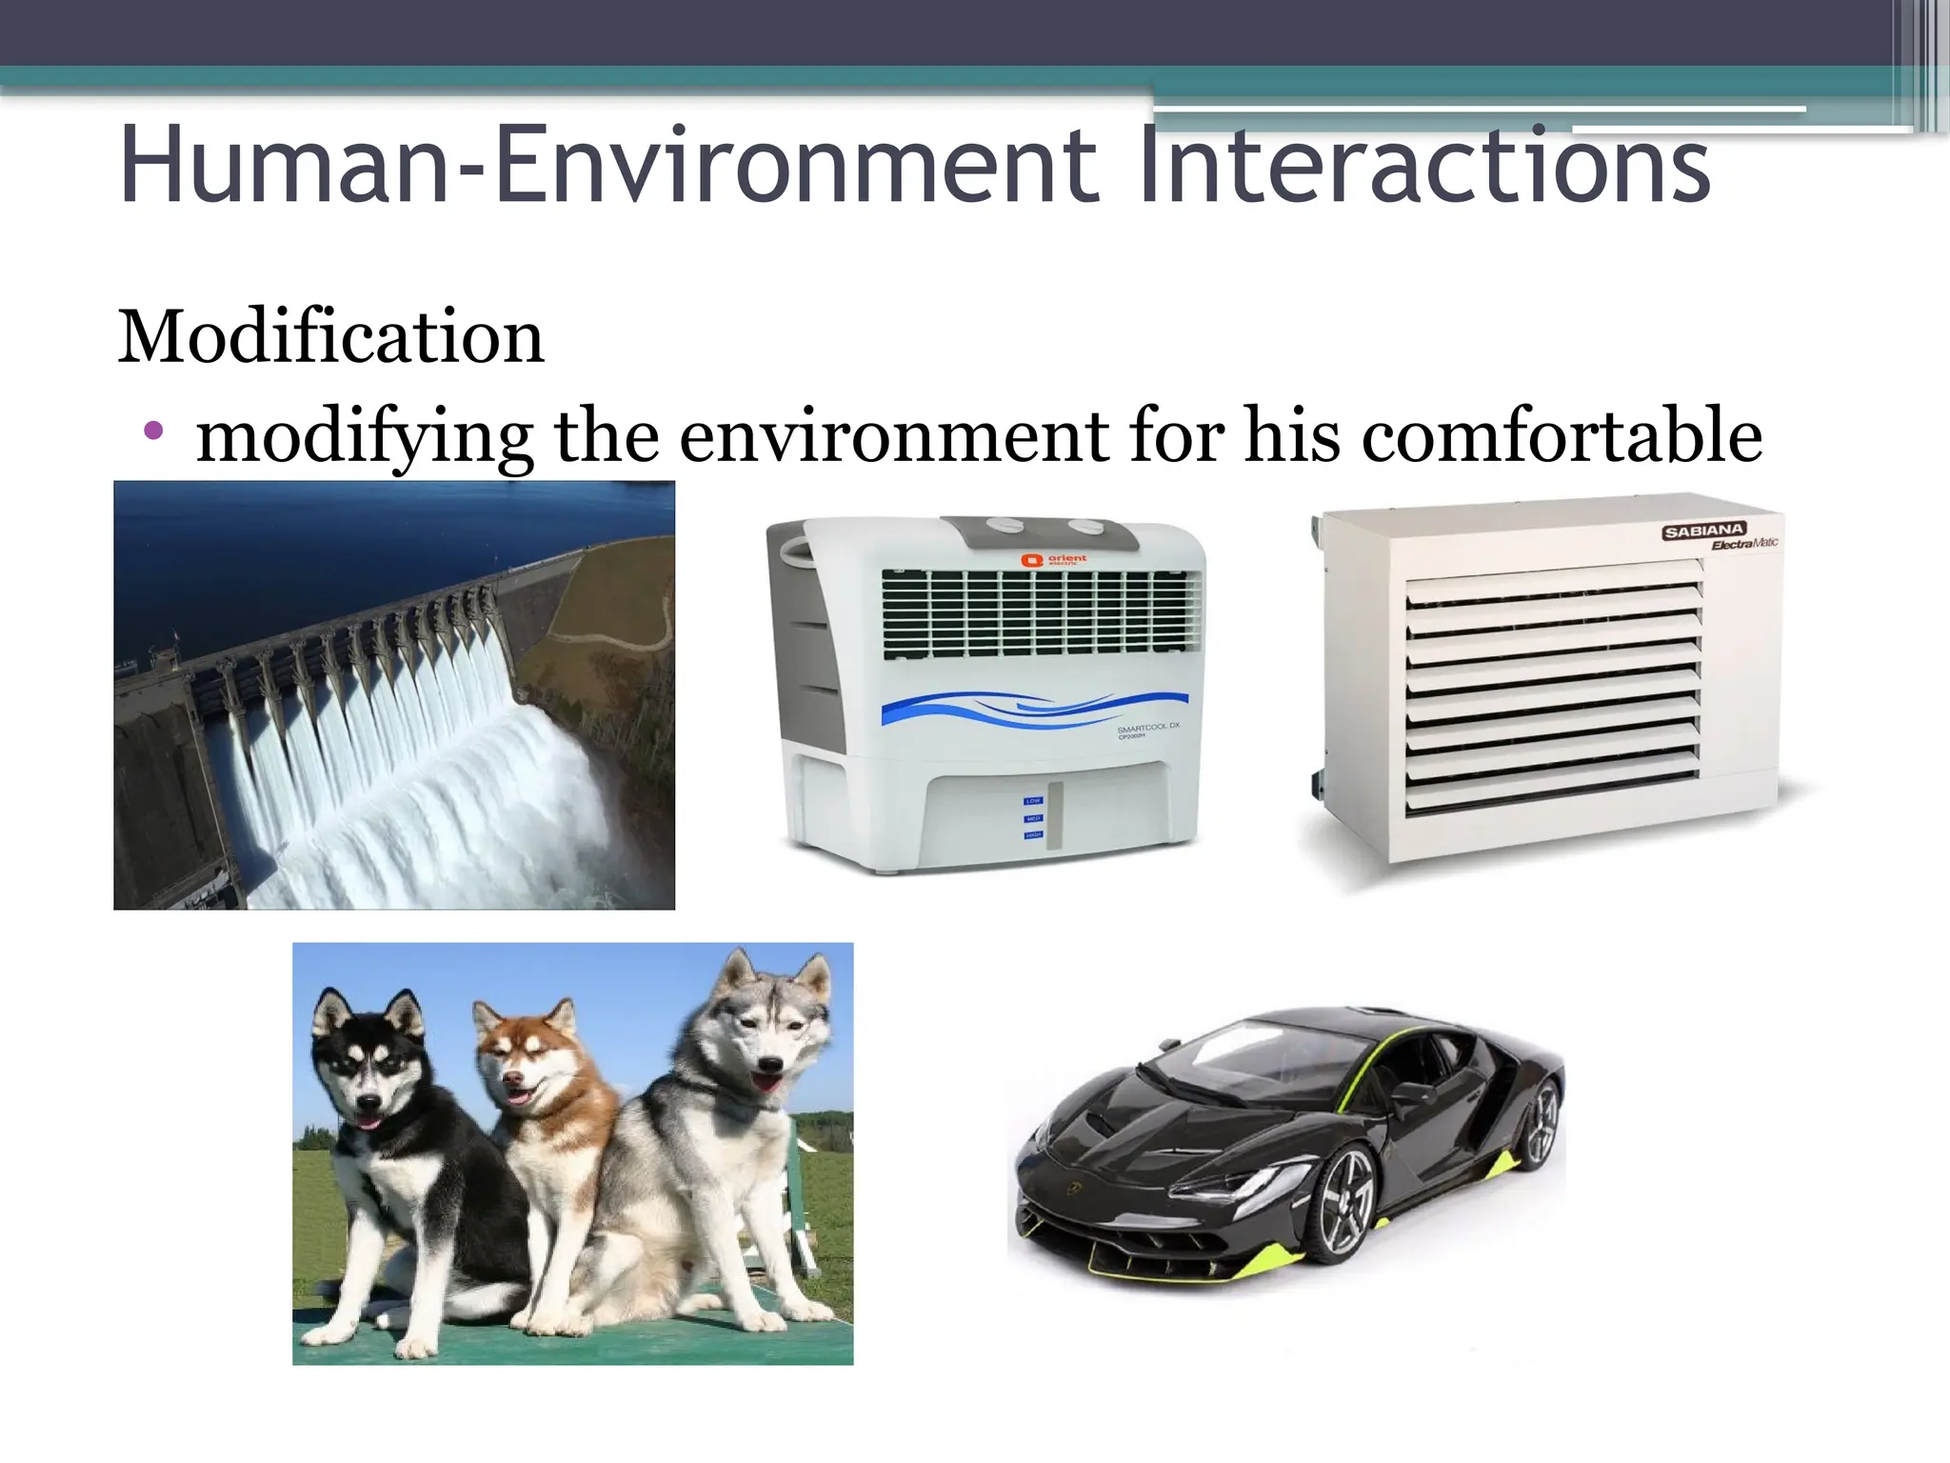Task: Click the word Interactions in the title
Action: pyautogui.click(x=1423, y=167)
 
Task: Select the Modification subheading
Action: pyautogui.click(x=330, y=337)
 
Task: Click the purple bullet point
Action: pyautogui.click(x=153, y=431)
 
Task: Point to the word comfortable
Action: pyautogui.click(x=1562, y=435)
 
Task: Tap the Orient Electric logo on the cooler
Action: pyautogui.click(x=1053, y=560)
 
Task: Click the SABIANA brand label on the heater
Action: pyautogui.click(x=1704, y=531)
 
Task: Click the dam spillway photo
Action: pyautogui.click(x=394, y=695)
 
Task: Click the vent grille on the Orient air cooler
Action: pyautogui.click(x=1041, y=614)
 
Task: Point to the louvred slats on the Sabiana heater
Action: pyautogui.click(x=1552, y=686)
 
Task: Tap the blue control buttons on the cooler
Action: pyautogui.click(x=1033, y=818)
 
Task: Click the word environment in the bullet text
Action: pyautogui.click(x=895, y=435)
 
